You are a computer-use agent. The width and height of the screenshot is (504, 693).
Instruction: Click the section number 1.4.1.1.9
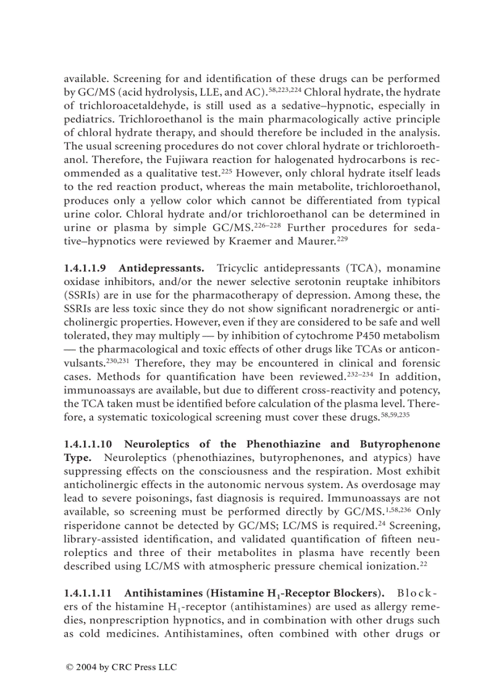coord(85,268)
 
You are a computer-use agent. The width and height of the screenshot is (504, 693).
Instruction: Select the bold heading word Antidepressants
coord(161,268)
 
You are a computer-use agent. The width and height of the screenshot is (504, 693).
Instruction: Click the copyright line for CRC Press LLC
coord(121,668)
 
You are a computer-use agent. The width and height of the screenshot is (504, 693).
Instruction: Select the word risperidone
coord(94,525)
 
